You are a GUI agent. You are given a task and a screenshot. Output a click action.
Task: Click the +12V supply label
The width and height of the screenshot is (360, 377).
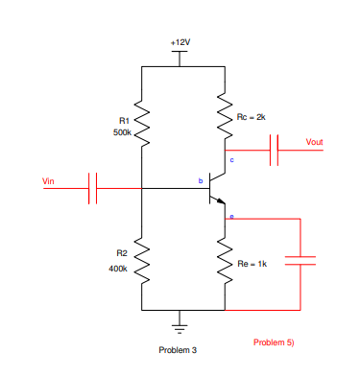pos(180,43)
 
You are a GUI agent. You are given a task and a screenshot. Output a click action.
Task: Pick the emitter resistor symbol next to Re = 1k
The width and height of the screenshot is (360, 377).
pos(225,264)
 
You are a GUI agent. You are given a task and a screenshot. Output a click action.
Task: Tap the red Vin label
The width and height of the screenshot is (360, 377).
pos(49,180)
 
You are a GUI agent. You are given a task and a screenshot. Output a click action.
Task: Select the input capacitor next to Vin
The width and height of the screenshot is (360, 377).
pos(93,188)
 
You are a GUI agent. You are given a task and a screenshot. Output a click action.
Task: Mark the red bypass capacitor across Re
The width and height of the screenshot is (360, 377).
pos(300,263)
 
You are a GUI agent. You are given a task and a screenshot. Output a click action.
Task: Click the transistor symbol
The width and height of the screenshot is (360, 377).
pos(216,189)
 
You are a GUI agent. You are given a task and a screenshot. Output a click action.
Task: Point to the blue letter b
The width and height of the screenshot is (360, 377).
pos(200,180)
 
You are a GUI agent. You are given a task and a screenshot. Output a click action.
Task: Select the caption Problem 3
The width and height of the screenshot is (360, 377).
pos(178,350)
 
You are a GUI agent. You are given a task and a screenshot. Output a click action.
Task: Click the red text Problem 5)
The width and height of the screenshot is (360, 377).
pos(274,342)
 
